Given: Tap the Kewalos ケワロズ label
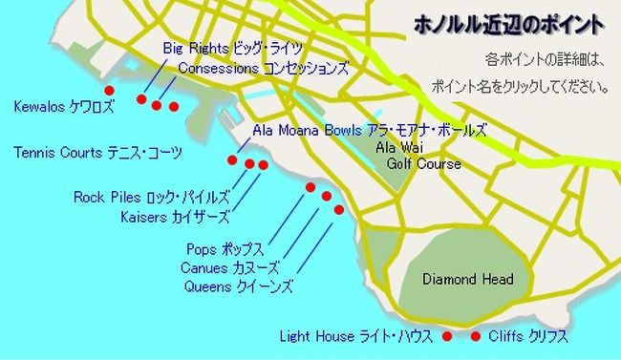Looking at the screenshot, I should pos(63,106).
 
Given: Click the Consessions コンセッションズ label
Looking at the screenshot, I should pos(263,69).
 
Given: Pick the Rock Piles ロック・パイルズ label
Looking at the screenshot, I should pos(152,198).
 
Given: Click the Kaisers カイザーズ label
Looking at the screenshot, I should pos(175,216).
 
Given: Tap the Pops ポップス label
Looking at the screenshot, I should pos(225,250).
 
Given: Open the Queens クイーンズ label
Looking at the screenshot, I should pos(238,286).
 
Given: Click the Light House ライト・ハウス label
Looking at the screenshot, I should pos(356,336).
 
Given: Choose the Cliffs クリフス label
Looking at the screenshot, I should pos(528,336).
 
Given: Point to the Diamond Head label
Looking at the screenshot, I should pos(468,279).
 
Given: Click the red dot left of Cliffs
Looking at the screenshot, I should pos(476,336).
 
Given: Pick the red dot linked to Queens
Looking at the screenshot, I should pos(338,209).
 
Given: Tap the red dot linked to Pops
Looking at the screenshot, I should pos(310,187).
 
